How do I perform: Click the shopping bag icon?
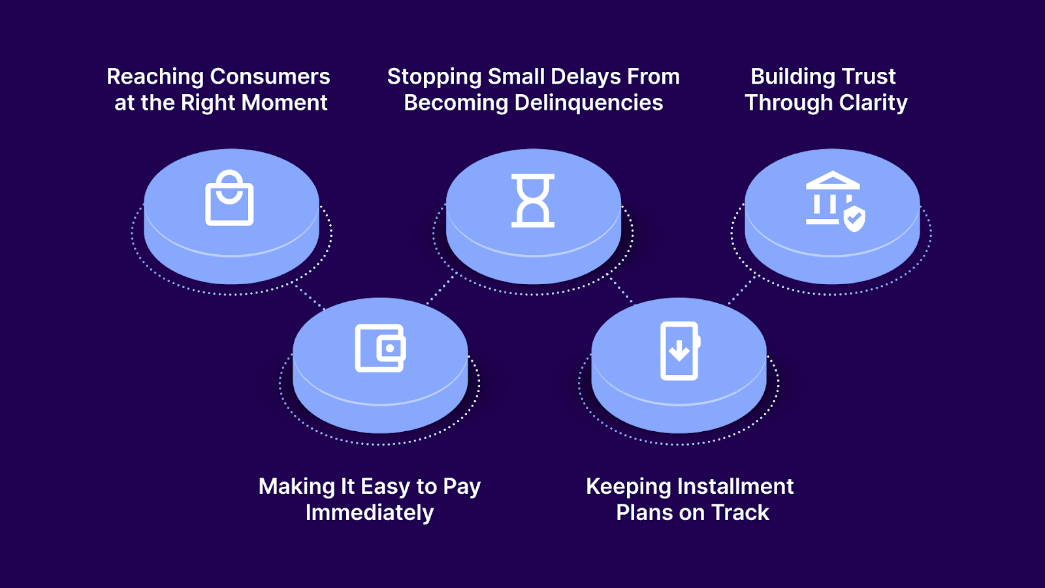[229, 199]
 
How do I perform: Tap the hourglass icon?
[533, 201]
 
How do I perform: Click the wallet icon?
[380, 348]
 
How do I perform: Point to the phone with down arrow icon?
[679, 351]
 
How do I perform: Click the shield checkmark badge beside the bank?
[854, 220]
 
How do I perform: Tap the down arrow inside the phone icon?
[679, 351]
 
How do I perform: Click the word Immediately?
[370, 513]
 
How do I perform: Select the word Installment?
[735, 487]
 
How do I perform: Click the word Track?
[740, 513]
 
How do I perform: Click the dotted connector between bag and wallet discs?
[310, 297]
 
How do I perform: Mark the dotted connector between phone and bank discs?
[742, 291]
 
